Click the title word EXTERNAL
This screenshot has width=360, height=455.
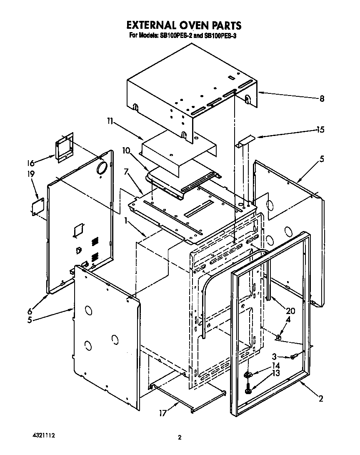(148, 26)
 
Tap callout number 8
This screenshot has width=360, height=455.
(322, 99)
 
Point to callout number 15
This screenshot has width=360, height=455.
(320, 130)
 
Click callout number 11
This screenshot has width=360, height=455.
(110, 121)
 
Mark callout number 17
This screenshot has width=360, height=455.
(162, 413)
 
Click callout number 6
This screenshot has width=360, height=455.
(30, 311)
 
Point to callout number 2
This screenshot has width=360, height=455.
(321, 399)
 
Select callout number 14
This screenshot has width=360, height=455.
(276, 366)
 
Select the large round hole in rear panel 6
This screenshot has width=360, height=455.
(101, 168)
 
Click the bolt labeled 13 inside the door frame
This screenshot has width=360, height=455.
(248, 390)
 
